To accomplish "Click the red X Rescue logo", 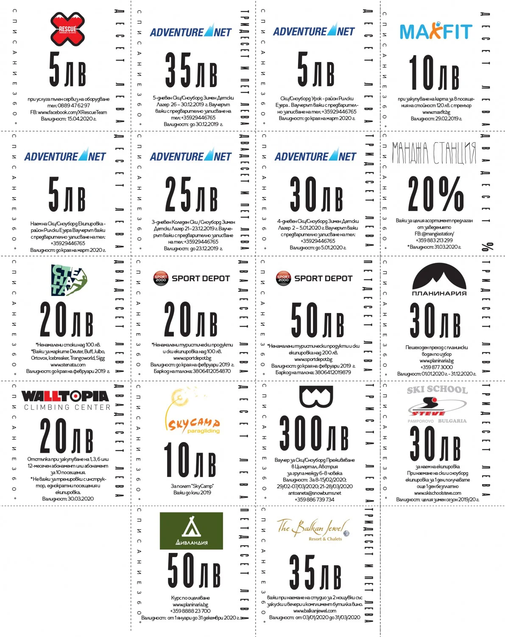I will pyautogui.click(x=67, y=28).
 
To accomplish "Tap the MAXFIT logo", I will pyautogui.click(x=435, y=31).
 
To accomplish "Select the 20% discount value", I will pyautogui.click(x=435, y=193).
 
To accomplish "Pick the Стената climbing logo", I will pyautogui.click(x=69, y=280).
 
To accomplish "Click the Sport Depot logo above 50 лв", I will pyautogui.click(x=314, y=279).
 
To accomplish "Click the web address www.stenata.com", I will pyautogui.click(x=68, y=364).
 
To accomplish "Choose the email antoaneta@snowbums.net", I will pyautogui.click(x=314, y=493).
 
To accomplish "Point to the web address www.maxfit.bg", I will pyautogui.click(x=436, y=112).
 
